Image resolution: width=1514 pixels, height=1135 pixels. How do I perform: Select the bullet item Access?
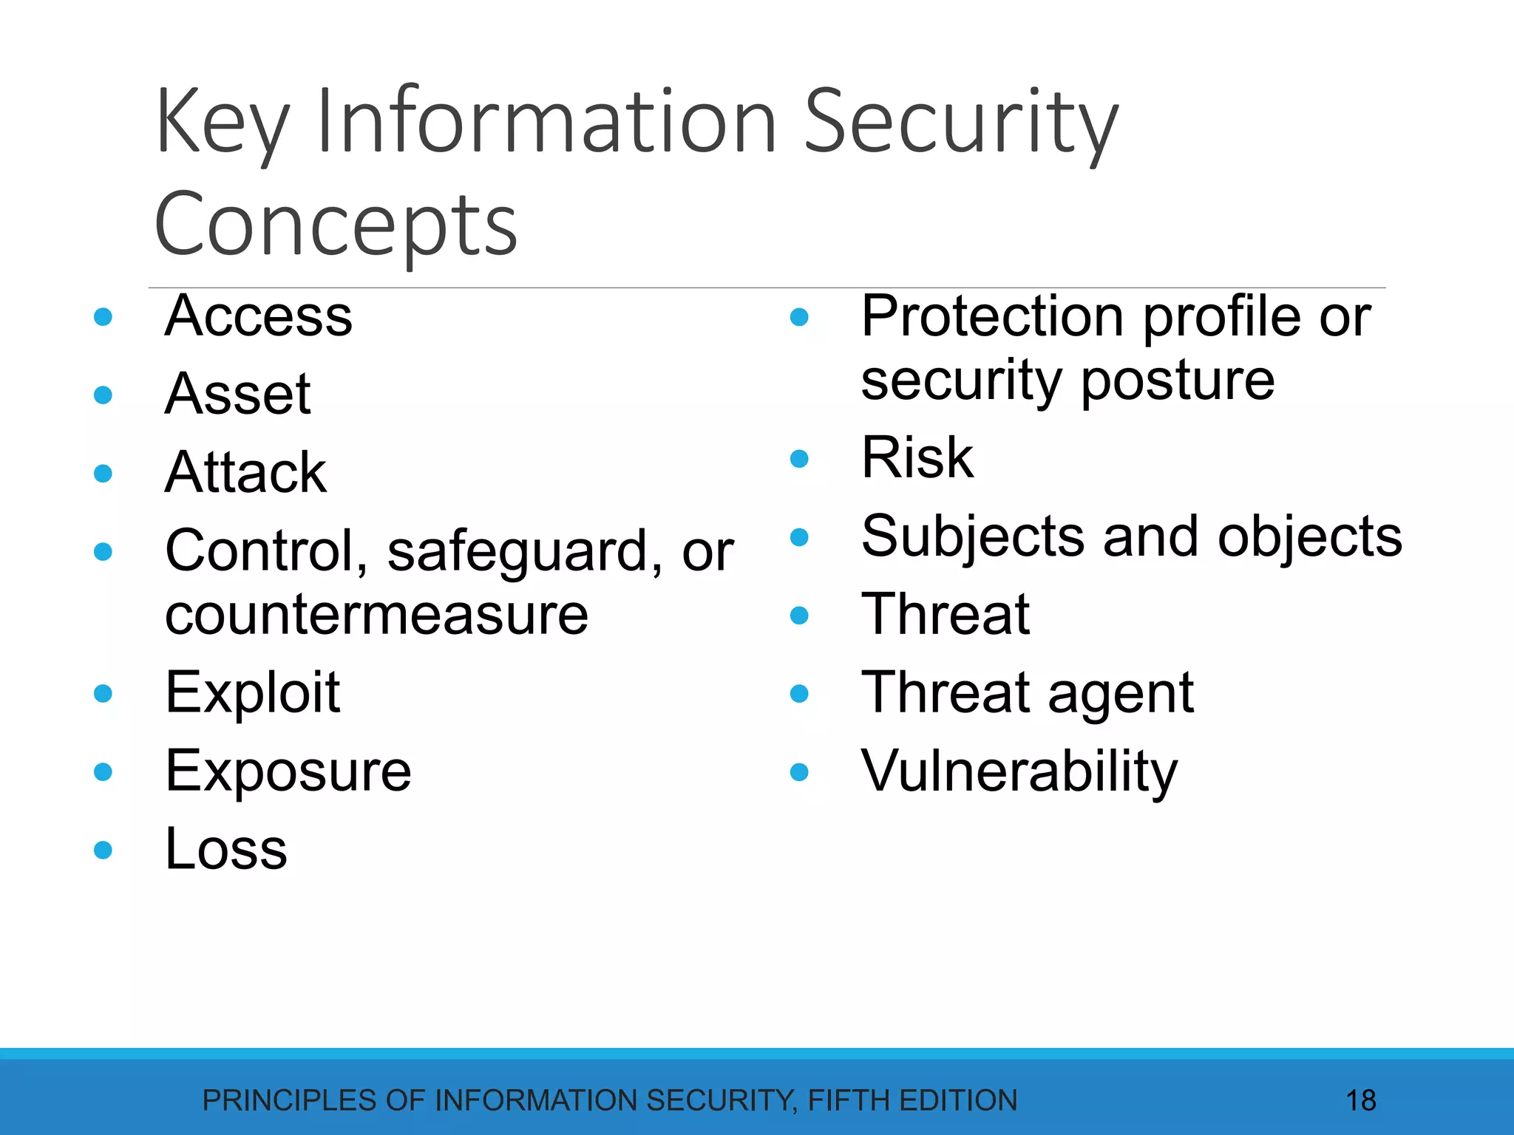coord(259,316)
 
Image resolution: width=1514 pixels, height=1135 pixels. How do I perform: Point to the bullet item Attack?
coord(245,473)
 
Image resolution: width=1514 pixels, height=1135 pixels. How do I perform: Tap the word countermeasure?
coord(376,615)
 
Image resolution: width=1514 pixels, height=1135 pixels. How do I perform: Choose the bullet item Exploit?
coord(253,693)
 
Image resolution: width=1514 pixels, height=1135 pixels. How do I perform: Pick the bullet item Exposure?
coord(288,771)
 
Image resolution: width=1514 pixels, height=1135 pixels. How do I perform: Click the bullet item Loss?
coord(226,850)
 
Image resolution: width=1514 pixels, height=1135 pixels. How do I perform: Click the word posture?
coord(1178,381)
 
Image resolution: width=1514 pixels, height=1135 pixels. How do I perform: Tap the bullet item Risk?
coord(917,458)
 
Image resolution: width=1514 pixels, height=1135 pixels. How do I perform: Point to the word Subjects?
coord(973,537)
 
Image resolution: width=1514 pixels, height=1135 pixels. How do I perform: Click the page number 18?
coord(1361,1101)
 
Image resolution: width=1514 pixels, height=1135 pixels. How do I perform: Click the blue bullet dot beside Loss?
coord(103,851)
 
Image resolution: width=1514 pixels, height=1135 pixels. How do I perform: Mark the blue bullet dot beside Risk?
coord(799,459)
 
